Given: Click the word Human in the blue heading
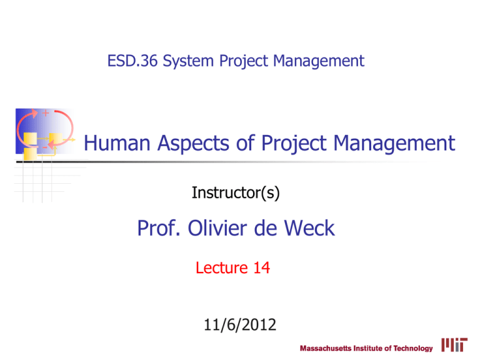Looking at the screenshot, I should click(115, 145).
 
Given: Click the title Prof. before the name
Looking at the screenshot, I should click(157, 229).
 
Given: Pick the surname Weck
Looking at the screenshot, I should click(307, 229).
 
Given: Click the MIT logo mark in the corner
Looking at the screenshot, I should click(452, 345).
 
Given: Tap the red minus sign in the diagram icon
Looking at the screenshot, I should click(44, 146).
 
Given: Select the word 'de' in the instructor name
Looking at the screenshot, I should click(264, 229).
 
